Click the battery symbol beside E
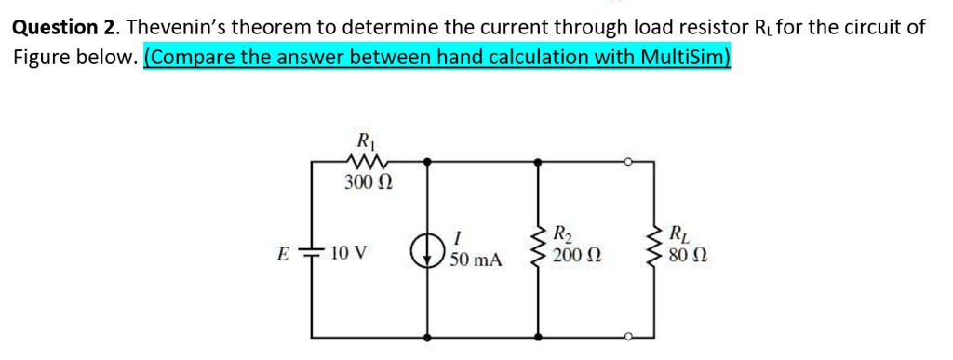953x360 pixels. tap(312, 251)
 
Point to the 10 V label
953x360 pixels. tap(349, 252)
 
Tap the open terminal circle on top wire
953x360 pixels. tap(629, 162)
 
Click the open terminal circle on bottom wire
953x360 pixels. tap(629, 335)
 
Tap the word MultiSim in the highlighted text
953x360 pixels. tap(690, 57)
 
